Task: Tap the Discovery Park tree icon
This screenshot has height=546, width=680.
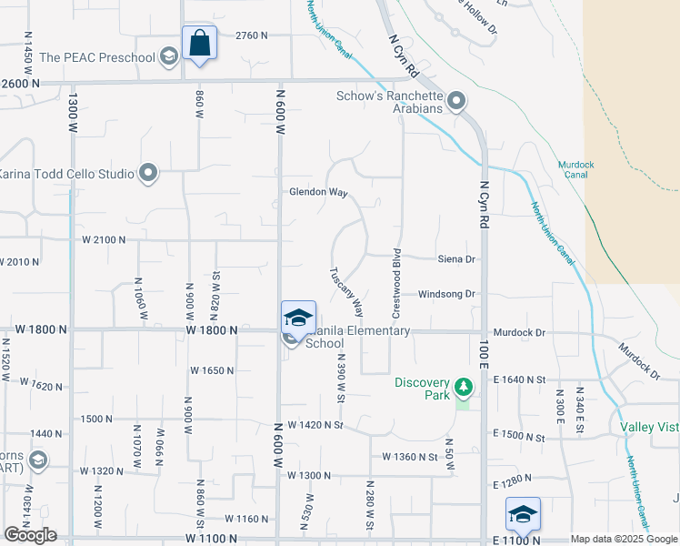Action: [x=464, y=387]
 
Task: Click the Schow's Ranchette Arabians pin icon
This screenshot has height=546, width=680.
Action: [x=456, y=99]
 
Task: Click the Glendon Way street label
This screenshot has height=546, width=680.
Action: [x=318, y=193]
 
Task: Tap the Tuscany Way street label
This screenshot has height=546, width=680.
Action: [x=346, y=291]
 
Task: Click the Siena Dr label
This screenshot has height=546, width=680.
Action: [x=457, y=259]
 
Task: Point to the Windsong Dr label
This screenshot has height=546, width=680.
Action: [x=447, y=294]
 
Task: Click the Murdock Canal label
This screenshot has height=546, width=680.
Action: [x=575, y=170]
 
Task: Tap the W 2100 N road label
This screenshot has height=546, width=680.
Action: [x=103, y=239]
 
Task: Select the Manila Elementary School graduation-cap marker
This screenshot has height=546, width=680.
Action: [x=298, y=318]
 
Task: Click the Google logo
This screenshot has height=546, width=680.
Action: [x=30, y=535]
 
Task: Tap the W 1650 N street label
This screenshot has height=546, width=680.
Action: [x=212, y=370]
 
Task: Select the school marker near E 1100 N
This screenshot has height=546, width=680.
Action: [x=523, y=515]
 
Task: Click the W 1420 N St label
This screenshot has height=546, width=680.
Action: [x=315, y=425]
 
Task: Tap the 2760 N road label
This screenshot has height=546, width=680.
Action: [x=252, y=35]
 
